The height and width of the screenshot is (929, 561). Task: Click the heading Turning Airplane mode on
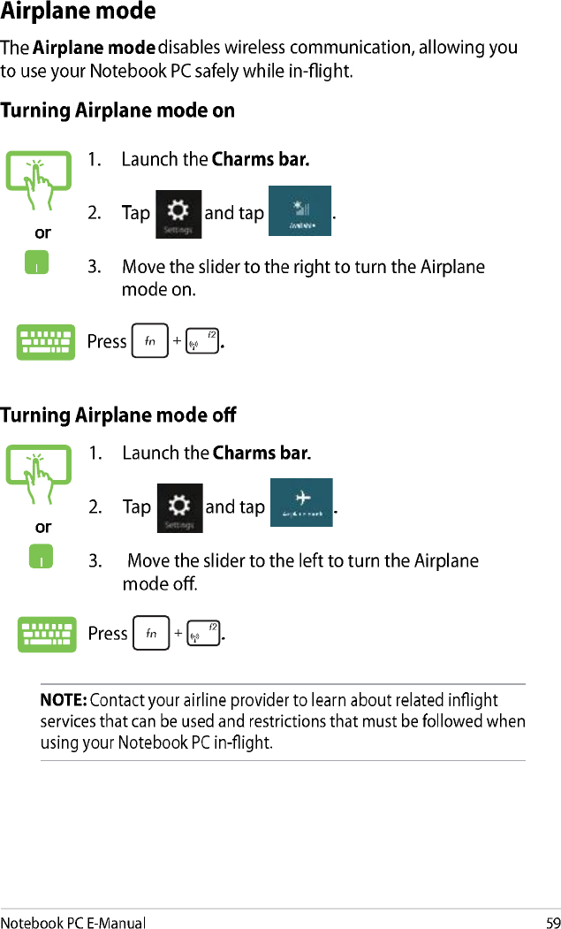click(118, 111)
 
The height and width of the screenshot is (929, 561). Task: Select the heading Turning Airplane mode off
click(118, 415)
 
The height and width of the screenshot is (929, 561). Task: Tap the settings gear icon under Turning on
click(178, 214)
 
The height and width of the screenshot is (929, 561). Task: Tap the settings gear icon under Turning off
click(179, 507)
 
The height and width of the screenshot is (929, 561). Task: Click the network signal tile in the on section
click(299, 210)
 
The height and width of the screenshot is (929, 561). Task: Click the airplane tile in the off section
click(301, 502)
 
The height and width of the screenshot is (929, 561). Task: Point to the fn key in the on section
click(149, 341)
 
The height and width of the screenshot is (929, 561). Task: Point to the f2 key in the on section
click(203, 341)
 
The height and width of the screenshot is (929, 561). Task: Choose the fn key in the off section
click(150, 634)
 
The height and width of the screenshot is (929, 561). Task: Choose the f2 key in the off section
click(204, 634)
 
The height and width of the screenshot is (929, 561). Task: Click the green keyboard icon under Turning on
click(46, 342)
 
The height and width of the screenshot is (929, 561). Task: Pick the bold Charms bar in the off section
click(262, 454)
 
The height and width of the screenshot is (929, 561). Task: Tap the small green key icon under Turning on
click(37, 263)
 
